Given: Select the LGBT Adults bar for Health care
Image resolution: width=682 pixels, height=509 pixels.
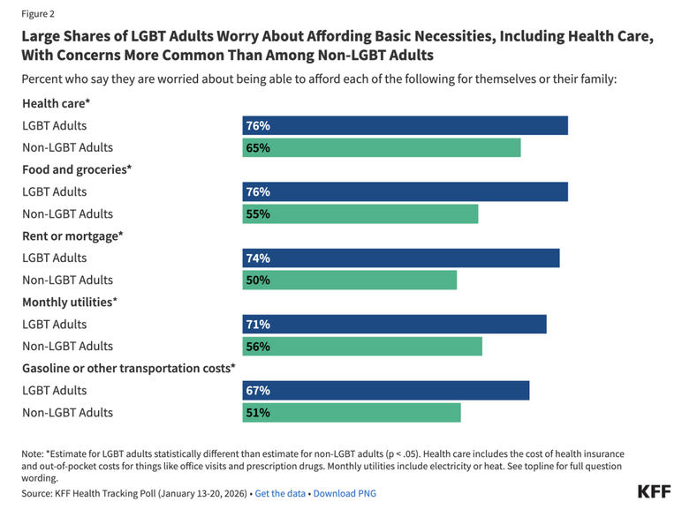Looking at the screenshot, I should [x=405, y=125].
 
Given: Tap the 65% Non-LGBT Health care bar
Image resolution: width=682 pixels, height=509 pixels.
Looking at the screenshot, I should [x=381, y=147].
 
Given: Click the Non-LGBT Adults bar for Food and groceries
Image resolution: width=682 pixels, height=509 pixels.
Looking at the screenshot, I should [x=360, y=213].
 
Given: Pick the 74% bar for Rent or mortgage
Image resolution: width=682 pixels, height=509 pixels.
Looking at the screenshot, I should [x=400, y=258].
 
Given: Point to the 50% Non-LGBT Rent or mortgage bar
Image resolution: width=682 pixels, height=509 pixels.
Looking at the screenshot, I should [x=349, y=280].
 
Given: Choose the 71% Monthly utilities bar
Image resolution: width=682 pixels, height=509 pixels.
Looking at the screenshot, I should [x=394, y=324].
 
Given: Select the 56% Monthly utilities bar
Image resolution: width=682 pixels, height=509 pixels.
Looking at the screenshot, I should [x=362, y=346].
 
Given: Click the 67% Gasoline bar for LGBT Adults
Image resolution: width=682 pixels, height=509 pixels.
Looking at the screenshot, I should [x=385, y=390].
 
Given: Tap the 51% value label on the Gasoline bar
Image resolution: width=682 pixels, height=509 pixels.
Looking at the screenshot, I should [x=258, y=412].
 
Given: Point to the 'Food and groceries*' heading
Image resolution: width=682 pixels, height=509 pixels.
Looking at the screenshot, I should [x=77, y=169].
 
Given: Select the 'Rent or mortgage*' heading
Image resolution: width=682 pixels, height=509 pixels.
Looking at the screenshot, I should [x=72, y=236].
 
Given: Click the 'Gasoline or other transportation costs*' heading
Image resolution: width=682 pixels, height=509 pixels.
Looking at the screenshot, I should [x=129, y=368].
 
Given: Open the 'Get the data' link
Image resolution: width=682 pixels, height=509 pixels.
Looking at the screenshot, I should [x=280, y=493].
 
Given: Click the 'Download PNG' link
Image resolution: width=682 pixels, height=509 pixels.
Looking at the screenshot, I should [x=345, y=493].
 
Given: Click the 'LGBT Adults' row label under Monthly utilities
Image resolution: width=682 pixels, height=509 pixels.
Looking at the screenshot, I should [x=55, y=324].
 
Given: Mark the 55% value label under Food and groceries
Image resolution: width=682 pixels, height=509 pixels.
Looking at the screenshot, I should [x=258, y=213].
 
